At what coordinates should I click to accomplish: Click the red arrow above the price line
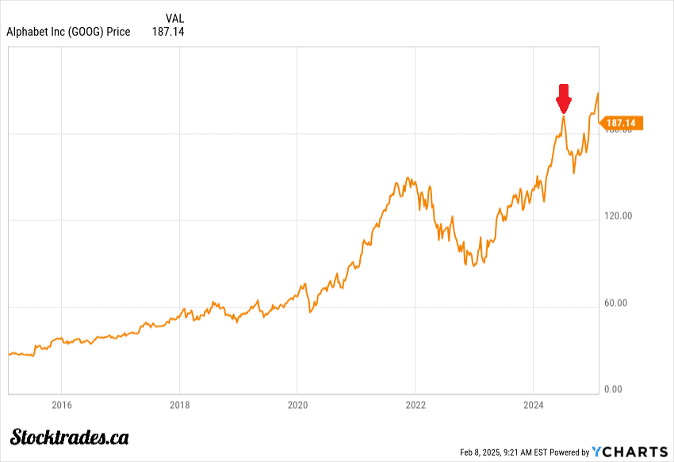pos(564,98)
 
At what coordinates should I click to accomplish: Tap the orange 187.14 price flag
pos(622,123)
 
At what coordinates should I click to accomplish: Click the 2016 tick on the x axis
pos(61,406)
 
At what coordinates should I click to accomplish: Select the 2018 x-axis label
pos(179,406)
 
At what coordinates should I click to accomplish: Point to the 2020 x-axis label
pos(297,406)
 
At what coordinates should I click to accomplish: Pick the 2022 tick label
pos(415,406)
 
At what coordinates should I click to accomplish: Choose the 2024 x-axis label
pos(533,406)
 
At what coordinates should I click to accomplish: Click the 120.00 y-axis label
pos(617,216)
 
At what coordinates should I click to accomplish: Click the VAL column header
pos(174,18)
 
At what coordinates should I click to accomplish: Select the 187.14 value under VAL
pos(167,32)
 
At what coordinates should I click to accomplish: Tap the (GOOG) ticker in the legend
pos(88,32)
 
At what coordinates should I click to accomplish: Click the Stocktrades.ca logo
pos(70,436)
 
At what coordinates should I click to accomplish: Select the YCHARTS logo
pos(630,452)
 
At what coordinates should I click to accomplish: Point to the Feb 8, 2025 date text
pos(483,452)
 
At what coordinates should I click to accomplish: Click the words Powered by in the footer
pos(569,452)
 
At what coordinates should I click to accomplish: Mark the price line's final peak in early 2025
pos(597,94)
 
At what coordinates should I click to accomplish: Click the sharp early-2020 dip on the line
pos(310,312)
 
